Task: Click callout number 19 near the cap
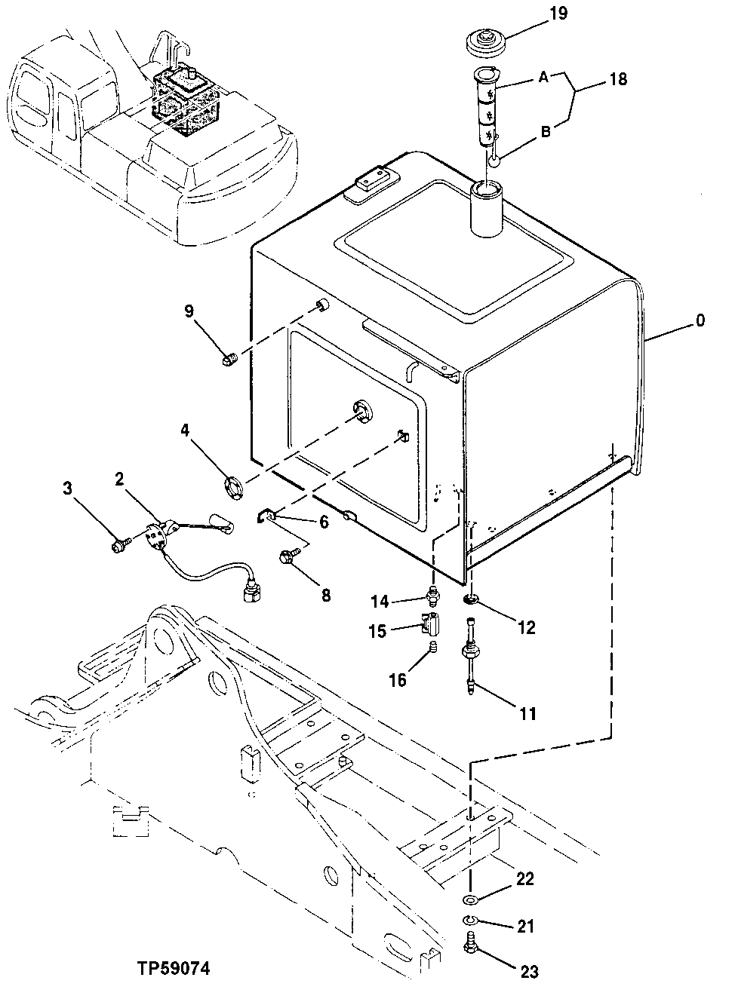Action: point(582,14)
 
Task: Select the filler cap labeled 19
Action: point(481,41)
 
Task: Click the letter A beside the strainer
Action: point(543,77)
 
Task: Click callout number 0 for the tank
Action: point(700,321)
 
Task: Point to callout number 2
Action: point(119,478)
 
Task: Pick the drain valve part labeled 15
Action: point(430,626)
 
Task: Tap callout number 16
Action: point(398,679)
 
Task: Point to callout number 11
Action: point(528,712)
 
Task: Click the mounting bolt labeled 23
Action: point(472,945)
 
